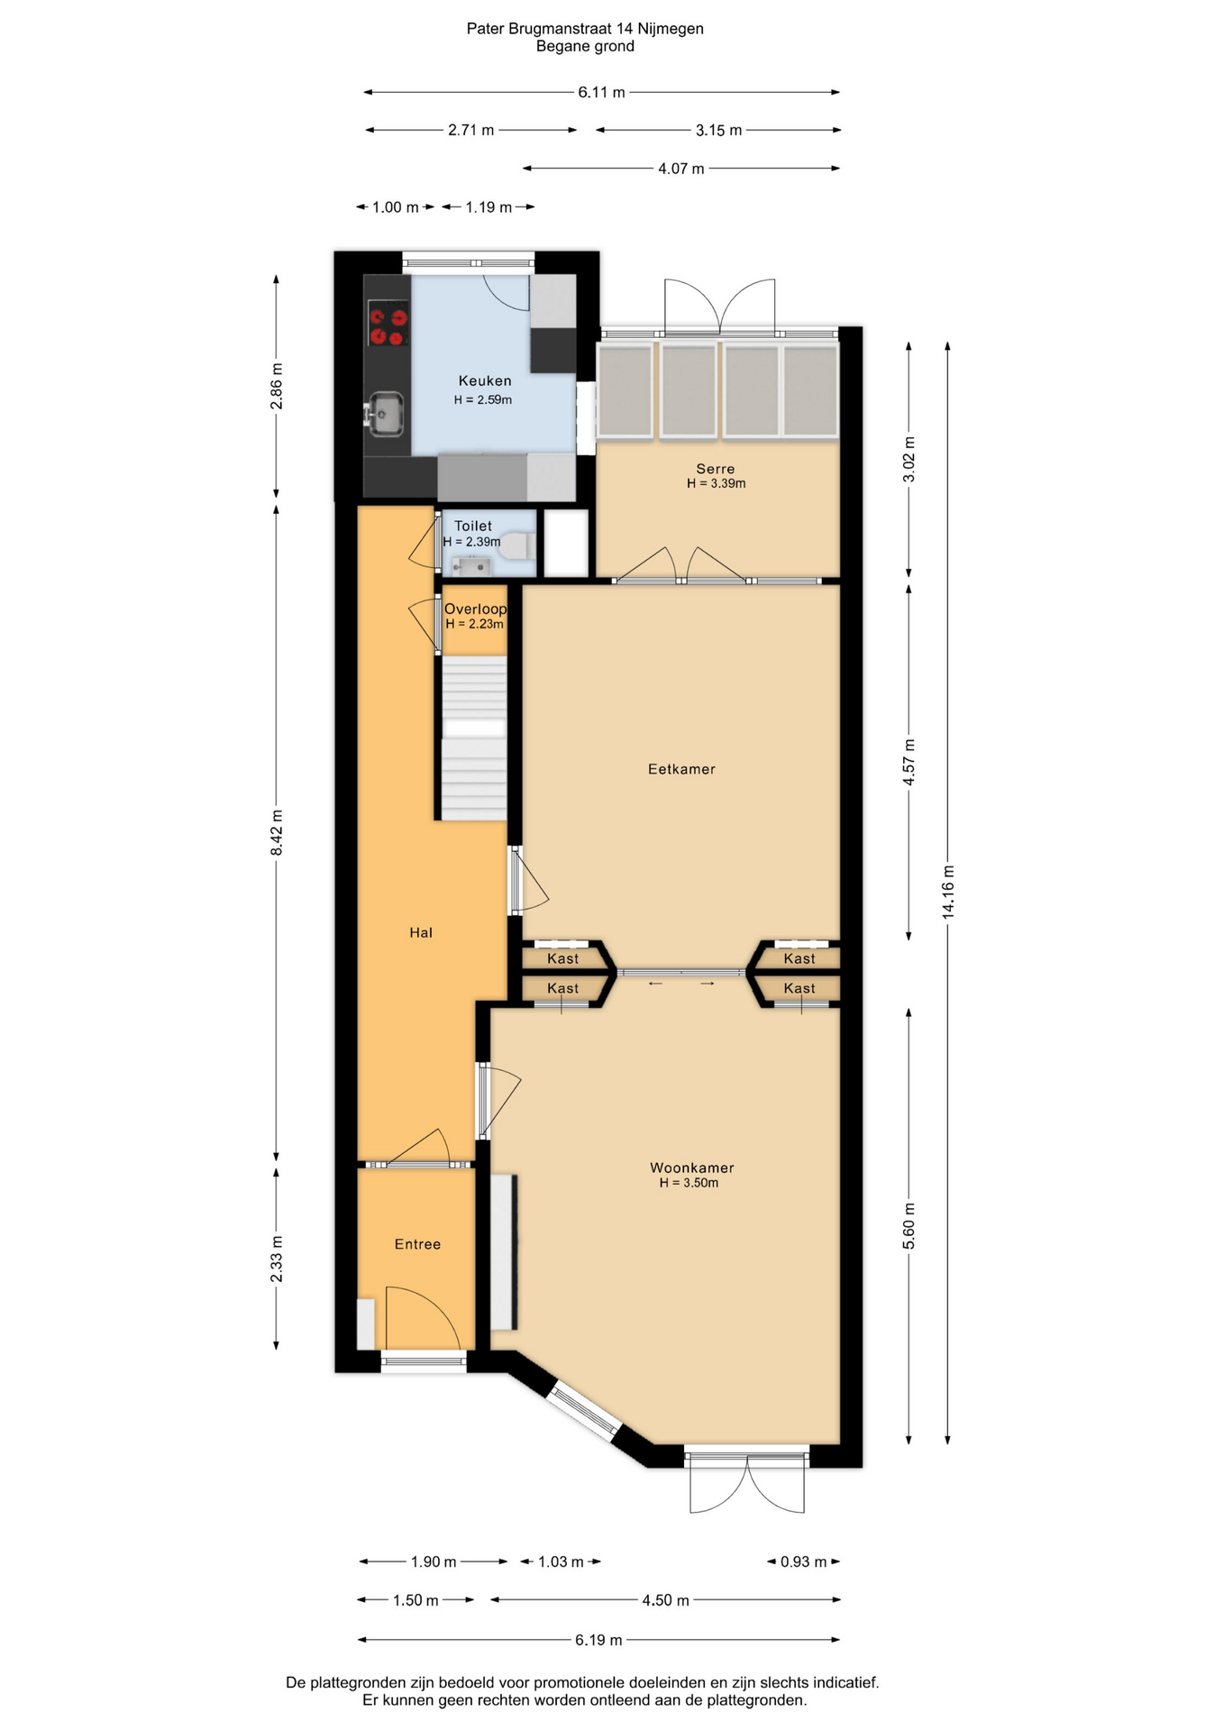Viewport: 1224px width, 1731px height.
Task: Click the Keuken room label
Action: tap(485, 380)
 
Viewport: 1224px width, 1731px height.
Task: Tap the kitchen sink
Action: tap(385, 414)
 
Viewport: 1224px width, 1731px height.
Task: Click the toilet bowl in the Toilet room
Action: tap(518, 545)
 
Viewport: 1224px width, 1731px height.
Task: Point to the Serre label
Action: tap(716, 469)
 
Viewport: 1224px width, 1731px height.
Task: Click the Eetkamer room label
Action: tap(681, 769)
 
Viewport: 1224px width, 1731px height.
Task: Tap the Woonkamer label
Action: tap(692, 1168)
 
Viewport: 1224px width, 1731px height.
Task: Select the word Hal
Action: tap(421, 933)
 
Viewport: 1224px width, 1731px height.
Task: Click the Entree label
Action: tap(417, 1244)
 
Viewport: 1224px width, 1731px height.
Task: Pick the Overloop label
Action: tap(475, 609)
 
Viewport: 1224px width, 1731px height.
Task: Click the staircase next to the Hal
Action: tap(474, 738)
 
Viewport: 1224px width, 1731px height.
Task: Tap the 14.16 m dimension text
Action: tap(948, 892)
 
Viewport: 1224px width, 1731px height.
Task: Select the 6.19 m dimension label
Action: tap(598, 1640)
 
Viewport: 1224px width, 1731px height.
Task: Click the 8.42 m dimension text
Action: tap(277, 833)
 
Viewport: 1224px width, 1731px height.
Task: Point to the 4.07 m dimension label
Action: tap(681, 169)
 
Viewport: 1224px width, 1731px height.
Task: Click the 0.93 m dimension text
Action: tap(803, 1562)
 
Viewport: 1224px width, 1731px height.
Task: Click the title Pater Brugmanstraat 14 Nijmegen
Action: tap(585, 29)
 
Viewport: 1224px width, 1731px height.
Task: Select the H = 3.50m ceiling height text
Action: tap(689, 1183)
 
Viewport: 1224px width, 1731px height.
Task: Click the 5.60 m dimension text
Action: tap(909, 1226)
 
